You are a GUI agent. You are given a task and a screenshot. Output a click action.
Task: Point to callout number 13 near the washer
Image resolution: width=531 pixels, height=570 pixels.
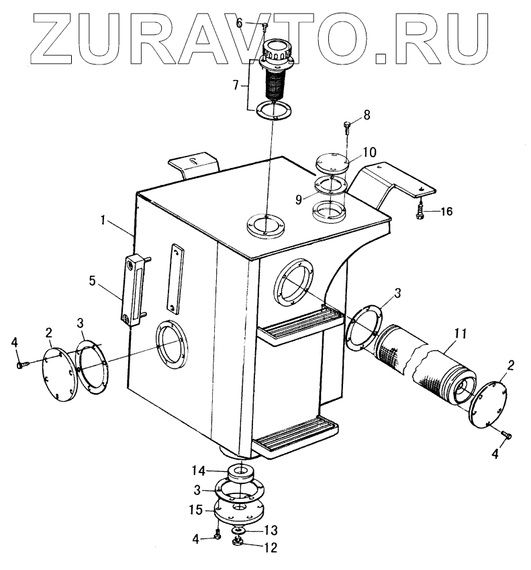tap(270, 529)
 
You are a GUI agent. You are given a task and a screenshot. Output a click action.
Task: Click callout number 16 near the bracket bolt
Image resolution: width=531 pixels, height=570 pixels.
tap(446, 211)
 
